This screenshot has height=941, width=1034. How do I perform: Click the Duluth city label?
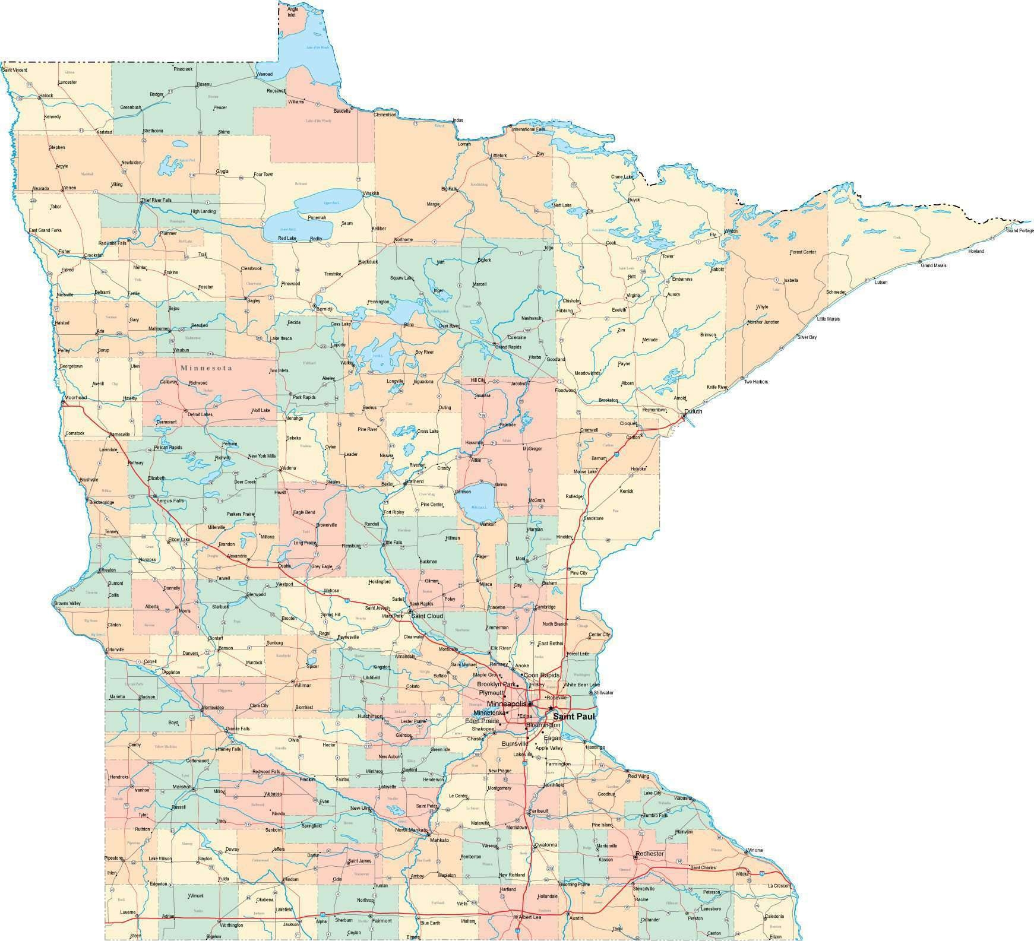pos(693,411)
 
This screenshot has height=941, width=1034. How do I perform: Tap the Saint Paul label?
pos(573,717)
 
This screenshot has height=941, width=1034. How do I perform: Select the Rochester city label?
pos(649,854)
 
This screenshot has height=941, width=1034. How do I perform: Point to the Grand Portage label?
pos(1019,230)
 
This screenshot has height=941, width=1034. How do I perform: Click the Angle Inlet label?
pos(293,12)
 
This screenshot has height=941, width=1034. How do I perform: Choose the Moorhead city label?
pos(76,397)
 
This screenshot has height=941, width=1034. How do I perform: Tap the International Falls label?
pos(528,129)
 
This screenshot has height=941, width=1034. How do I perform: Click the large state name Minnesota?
pos(205,368)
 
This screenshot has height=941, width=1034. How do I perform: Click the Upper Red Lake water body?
pos(330,200)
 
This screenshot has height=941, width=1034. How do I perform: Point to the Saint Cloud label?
pos(427,616)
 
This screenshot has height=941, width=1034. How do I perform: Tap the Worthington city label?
pos(231,925)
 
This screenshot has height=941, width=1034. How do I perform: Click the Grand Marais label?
pos(933,265)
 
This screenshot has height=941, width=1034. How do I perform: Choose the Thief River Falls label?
pos(156,200)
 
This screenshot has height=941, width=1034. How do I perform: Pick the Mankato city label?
pos(439,839)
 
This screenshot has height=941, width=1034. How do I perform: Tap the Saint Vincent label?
pos(15,70)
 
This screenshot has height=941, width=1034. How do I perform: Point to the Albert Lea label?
pos(530,917)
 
